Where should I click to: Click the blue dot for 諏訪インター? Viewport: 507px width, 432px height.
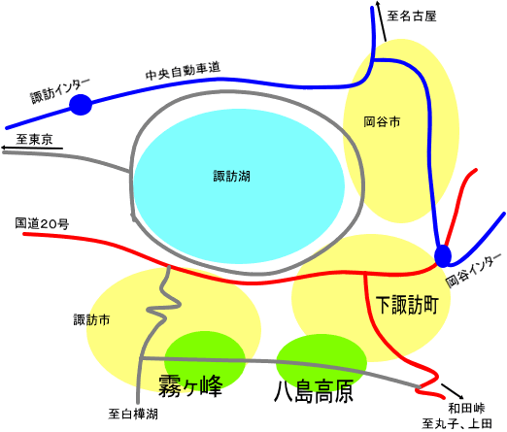[81, 105]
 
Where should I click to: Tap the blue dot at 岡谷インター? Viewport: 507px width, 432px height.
[443, 256]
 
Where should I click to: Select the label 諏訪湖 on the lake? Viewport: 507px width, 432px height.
[231, 177]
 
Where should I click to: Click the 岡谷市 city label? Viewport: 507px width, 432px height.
[382, 122]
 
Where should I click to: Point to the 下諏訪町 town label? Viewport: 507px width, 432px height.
[407, 305]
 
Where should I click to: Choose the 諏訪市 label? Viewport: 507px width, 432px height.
[91, 319]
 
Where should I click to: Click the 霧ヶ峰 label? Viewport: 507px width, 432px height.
[190, 385]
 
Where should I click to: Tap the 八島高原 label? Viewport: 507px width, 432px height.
[314, 391]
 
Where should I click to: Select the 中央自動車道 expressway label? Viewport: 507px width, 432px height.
[183, 71]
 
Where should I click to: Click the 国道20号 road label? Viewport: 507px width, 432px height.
[42, 223]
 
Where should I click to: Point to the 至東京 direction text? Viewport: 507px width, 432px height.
[34, 140]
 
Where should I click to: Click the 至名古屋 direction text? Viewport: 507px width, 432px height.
[412, 16]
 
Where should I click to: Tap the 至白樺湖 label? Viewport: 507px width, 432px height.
[133, 414]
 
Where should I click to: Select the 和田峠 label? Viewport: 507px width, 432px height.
[466, 409]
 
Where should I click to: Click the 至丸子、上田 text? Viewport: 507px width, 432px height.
[456, 423]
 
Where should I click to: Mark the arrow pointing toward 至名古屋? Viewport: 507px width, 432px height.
[382, 20]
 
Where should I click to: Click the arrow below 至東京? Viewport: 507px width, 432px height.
[32, 148]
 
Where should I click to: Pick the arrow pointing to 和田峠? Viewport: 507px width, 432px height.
[453, 391]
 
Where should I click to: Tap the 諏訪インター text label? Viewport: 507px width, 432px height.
[60, 91]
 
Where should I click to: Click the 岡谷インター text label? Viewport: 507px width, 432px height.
[473, 270]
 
